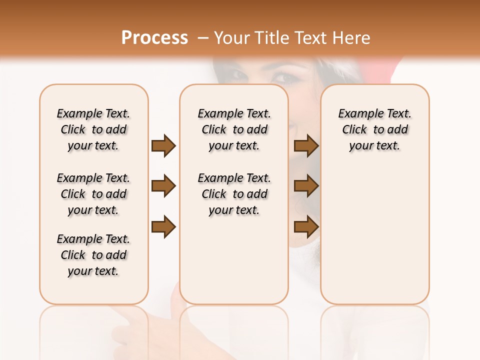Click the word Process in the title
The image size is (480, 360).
[x=154, y=38]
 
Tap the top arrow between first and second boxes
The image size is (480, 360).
[x=163, y=146]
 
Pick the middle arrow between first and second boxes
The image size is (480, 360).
[x=163, y=186]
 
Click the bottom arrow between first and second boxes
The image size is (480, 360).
[x=163, y=227]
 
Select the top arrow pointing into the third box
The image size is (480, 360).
[x=306, y=146]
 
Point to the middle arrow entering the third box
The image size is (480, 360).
[x=306, y=186]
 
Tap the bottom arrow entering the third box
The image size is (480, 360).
[x=306, y=227]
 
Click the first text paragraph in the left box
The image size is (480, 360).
[x=93, y=129]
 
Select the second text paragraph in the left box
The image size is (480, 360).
[x=93, y=194]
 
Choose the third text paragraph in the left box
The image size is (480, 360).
[x=93, y=255]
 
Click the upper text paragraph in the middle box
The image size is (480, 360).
[x=234, y=129]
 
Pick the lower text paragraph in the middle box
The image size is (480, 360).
[x=234, y=194]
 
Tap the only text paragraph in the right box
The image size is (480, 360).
[x=375, y=129]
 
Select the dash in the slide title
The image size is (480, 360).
[x=202, y=38]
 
